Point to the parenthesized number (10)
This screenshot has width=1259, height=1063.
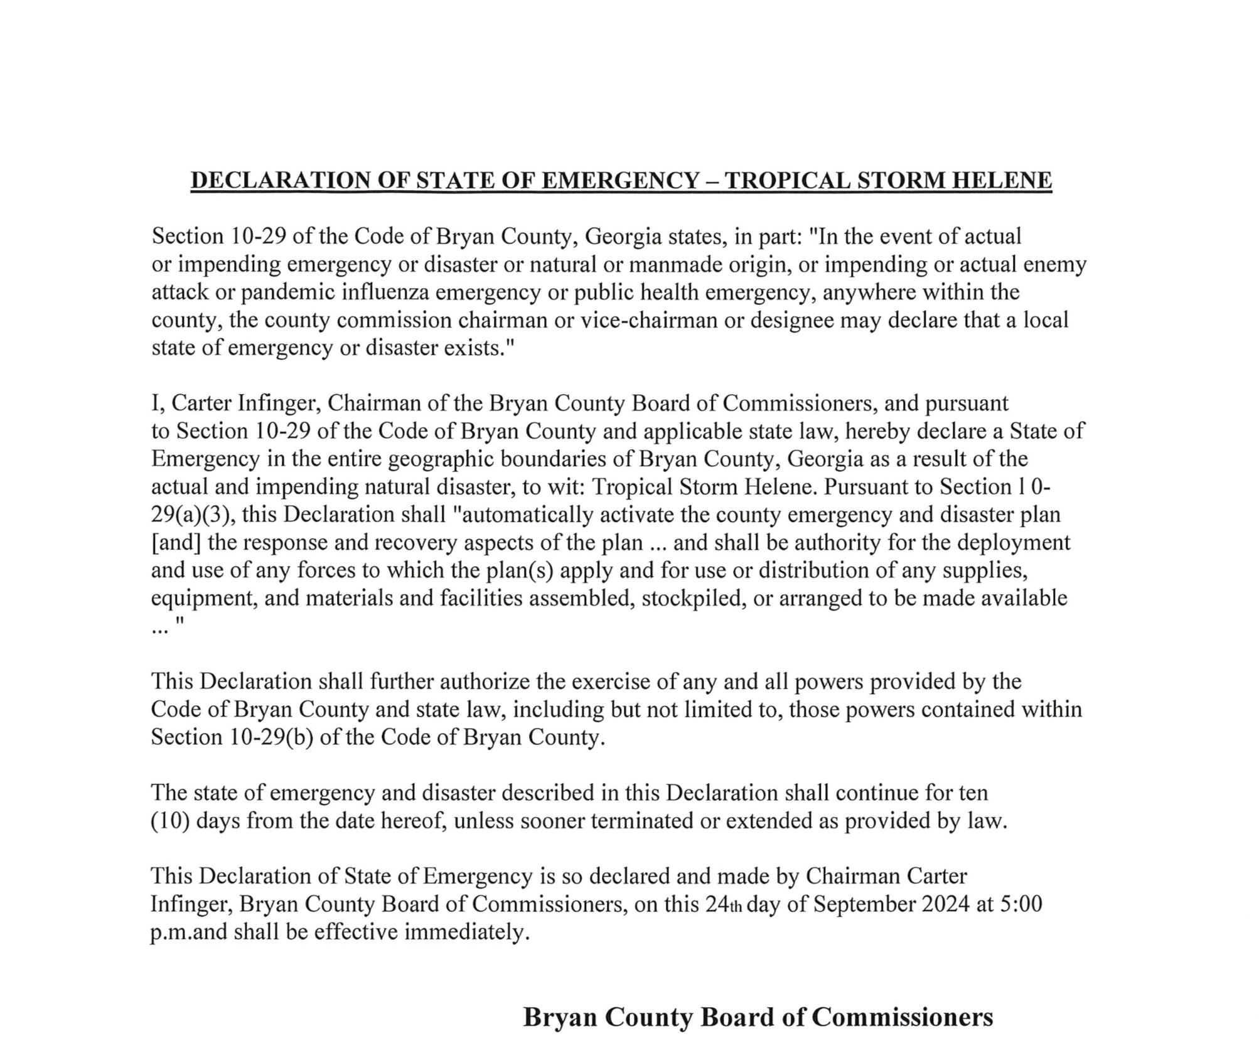(170, 820)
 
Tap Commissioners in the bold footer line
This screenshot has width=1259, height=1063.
(903, 1017)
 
